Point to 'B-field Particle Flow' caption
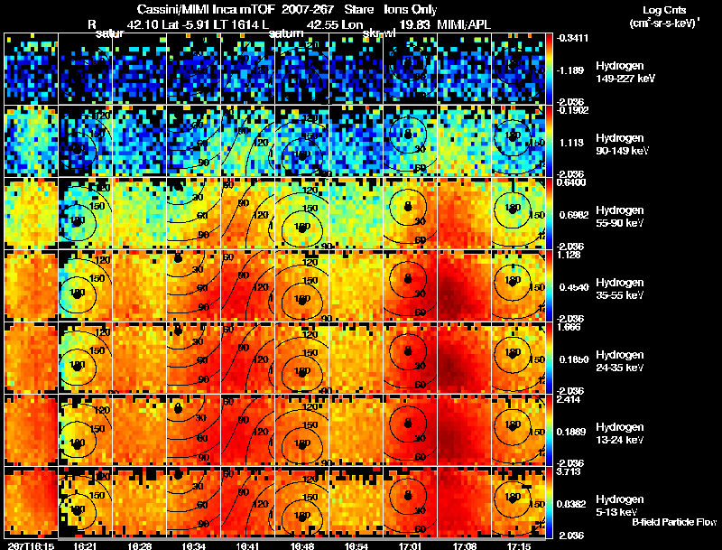click(674, 522)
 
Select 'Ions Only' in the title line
click(411, 10)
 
